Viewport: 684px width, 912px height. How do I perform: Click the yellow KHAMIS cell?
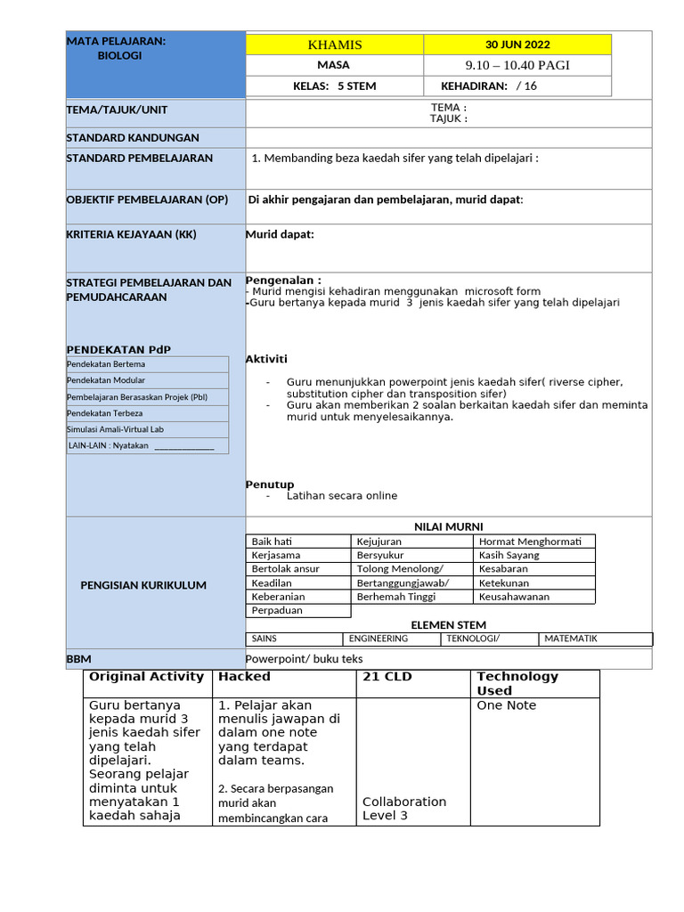[334, 45]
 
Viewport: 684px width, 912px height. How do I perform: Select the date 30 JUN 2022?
[517, 45]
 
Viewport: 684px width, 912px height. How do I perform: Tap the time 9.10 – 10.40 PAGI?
[517, 65]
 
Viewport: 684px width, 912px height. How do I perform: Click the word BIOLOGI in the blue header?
[119, 55]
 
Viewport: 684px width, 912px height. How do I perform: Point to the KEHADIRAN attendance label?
[474, 86]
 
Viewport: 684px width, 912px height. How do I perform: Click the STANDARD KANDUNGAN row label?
[133, 138]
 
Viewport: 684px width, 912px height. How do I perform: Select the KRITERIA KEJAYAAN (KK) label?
[131, 234]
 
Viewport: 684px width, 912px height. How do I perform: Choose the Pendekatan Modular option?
[106, 380]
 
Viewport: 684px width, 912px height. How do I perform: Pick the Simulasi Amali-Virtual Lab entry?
[116, 429]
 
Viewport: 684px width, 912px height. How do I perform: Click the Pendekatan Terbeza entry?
[104, 413]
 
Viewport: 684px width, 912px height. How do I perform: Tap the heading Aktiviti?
[266, 359]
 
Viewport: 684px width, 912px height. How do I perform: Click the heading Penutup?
[270, 484]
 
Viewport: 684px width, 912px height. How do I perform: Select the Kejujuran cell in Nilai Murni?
[379, 541]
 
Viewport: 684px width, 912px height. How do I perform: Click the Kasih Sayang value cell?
[509, 555]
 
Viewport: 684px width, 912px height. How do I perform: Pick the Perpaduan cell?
[277, 611]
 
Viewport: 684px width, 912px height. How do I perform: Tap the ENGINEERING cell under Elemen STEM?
[379, 639]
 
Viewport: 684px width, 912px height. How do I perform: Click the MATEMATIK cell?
[571, 639]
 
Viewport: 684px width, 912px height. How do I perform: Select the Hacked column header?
[245, 677]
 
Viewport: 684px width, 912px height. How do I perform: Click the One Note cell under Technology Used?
[507, 705]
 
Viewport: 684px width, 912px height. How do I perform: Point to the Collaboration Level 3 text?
[404, 808]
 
